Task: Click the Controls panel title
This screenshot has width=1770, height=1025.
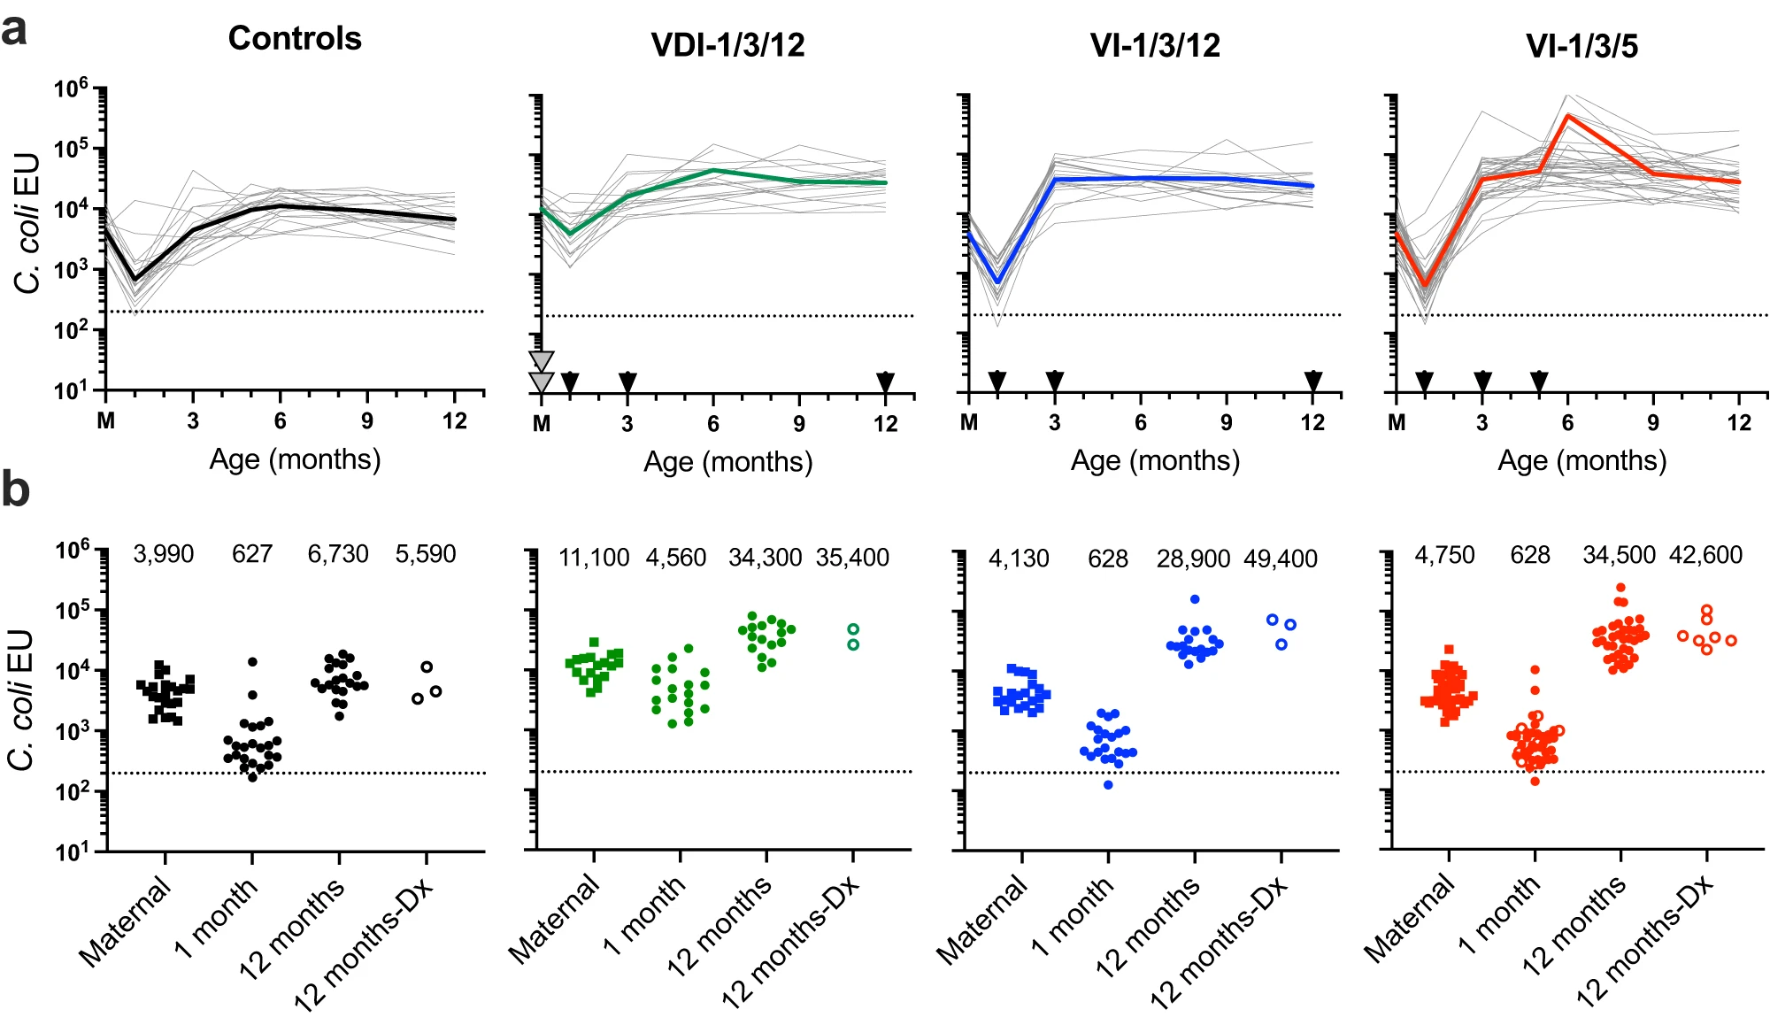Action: coord(295,38)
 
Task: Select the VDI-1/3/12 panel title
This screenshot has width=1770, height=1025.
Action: coord(727,45)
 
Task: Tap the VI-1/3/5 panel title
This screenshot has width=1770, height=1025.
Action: coord(1581,45)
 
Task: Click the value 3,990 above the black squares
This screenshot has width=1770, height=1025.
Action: coord(164,554)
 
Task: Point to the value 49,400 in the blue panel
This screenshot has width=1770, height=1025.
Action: coord(1281,559)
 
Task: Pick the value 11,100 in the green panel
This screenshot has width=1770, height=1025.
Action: coord(594,558)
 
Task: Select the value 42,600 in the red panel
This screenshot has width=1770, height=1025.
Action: coord(1705,555)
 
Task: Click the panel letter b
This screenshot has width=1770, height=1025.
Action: coord(15,489)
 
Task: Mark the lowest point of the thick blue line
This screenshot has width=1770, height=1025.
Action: coord(997,282)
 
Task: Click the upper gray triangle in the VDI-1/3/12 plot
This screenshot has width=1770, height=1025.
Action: coord(541,360)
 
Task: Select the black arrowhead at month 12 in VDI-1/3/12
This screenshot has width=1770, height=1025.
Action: coord(885,381)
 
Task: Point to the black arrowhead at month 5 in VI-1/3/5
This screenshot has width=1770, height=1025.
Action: coord(1539,381)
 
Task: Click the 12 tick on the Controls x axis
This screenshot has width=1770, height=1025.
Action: coord(455,420)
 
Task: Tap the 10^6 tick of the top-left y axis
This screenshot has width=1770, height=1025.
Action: coord(71,88)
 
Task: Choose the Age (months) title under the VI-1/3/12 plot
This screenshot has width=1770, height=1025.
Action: coord(1155,460)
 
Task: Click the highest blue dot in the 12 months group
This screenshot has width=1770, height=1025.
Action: coord(1195,599)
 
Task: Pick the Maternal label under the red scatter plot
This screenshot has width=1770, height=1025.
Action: coord(1410,918)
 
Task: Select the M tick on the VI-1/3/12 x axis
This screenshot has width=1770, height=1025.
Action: coord(969,422)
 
